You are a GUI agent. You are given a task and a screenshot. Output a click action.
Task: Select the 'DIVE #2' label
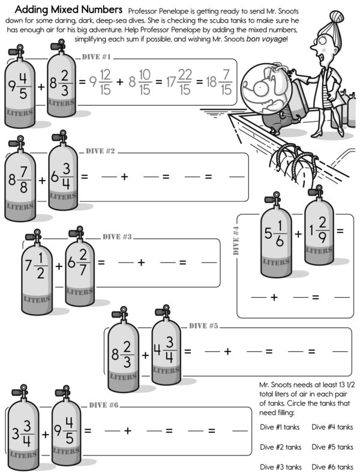(100, 150)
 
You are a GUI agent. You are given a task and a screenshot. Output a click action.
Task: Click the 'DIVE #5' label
(203, 326)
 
